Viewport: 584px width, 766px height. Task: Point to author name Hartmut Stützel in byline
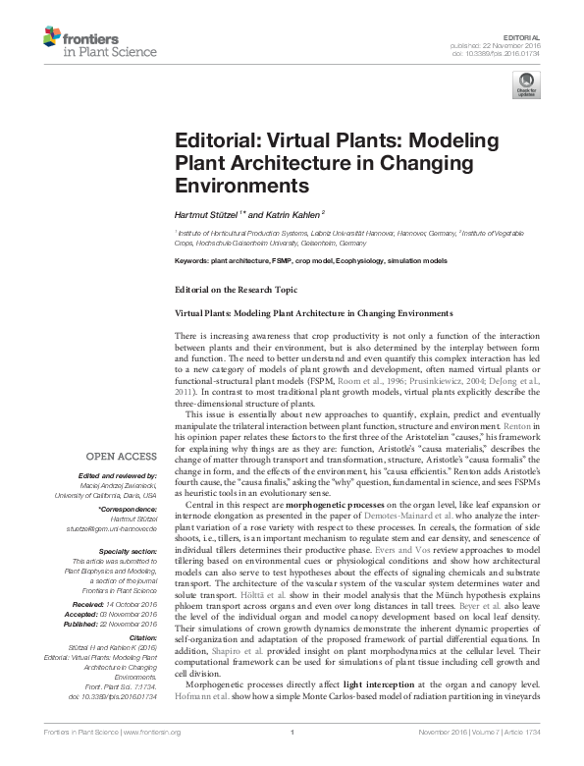point(209,211)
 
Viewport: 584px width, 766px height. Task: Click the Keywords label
point(191,261)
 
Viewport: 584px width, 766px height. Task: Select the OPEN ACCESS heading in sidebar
point(122,456)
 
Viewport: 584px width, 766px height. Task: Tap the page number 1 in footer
point(292,757)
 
